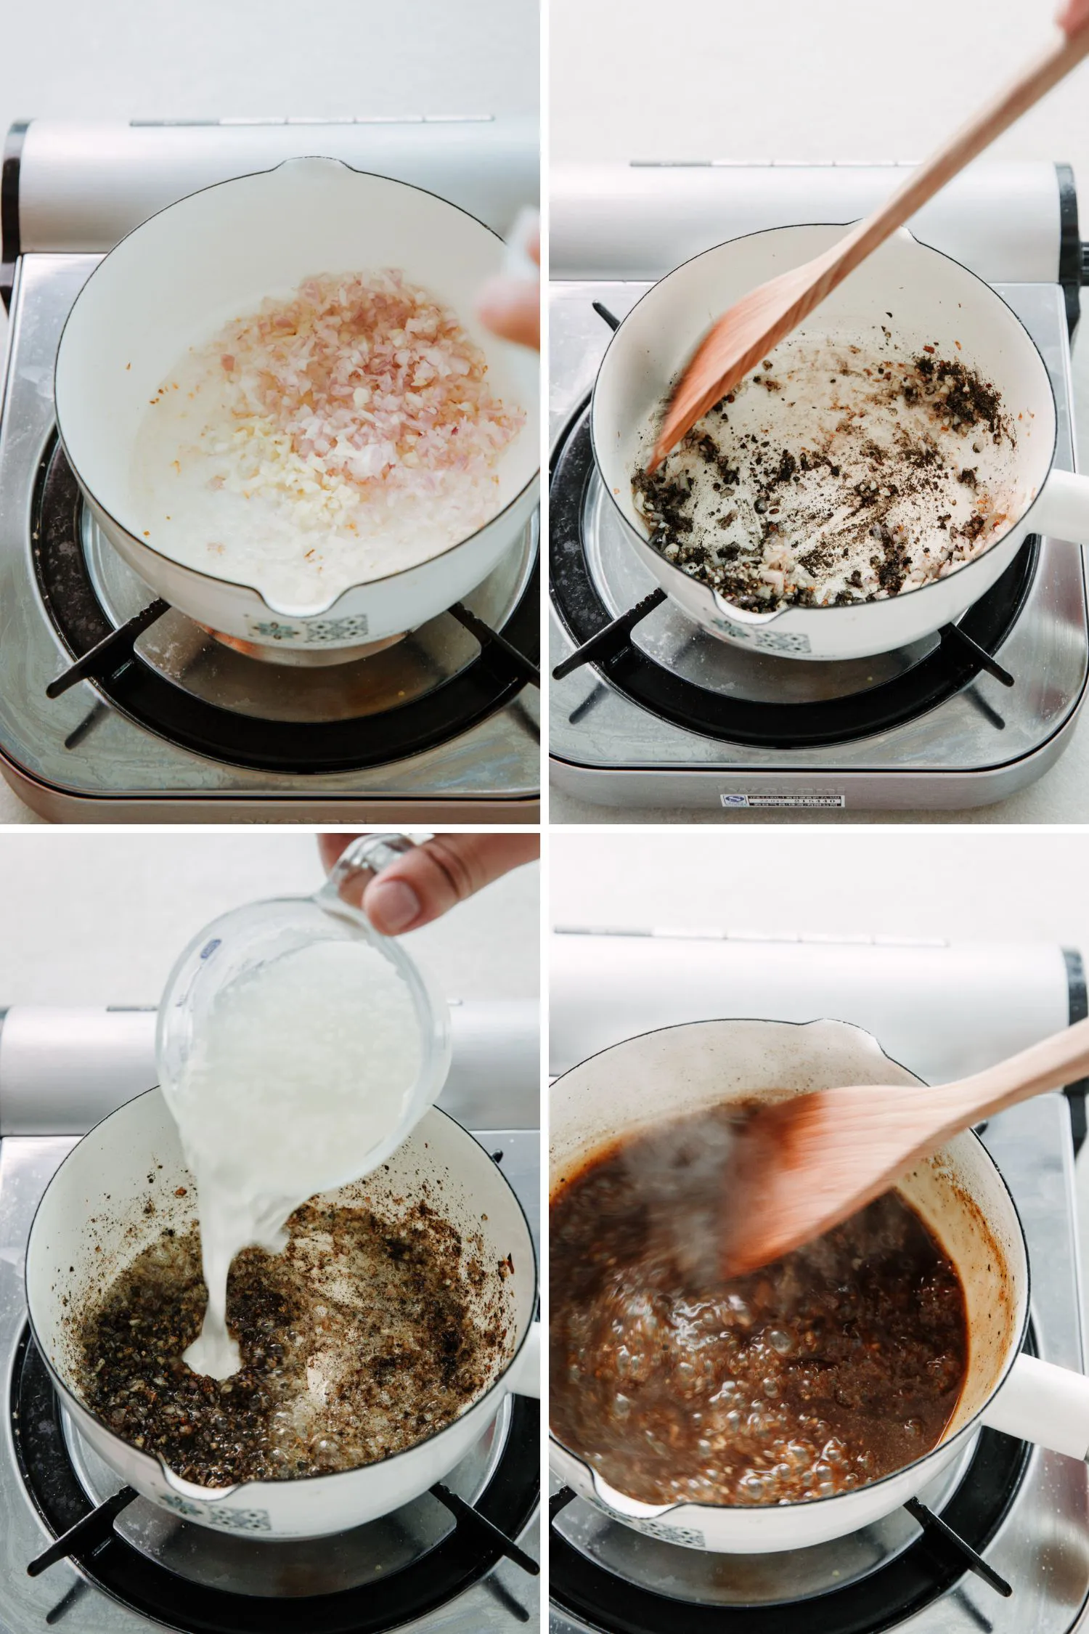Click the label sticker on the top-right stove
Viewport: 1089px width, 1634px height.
[784, 801]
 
